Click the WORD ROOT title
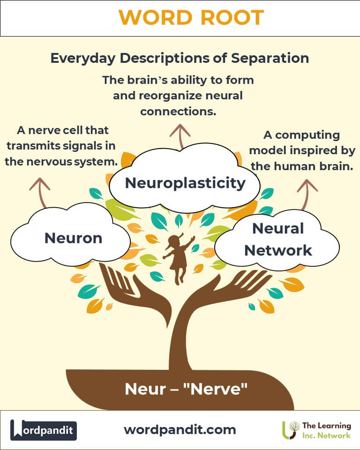click(191, 18)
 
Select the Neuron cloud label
click(73, 238)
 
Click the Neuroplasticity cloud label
click(185, 183)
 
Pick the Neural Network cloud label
click(278, 239)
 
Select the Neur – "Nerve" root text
click(186, 389)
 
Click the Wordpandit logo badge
click(43, 429)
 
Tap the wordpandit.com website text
click(180, 429)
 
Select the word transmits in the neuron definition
click(35, 145)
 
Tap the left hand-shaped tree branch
click(117, 281)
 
